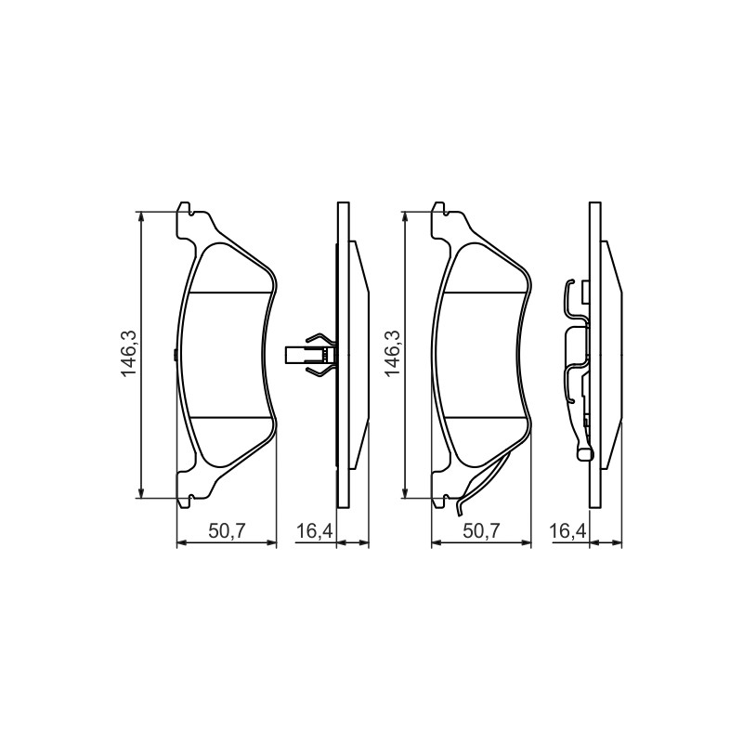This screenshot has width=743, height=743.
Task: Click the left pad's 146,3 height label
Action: tap(129, 354)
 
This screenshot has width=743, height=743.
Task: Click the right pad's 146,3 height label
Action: tap(393, 354)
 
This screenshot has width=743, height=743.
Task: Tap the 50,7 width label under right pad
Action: tap(481, 531)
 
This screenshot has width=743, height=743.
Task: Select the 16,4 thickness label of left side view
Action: tap(315, 531)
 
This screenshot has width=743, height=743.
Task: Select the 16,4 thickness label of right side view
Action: tap(568, 531)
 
